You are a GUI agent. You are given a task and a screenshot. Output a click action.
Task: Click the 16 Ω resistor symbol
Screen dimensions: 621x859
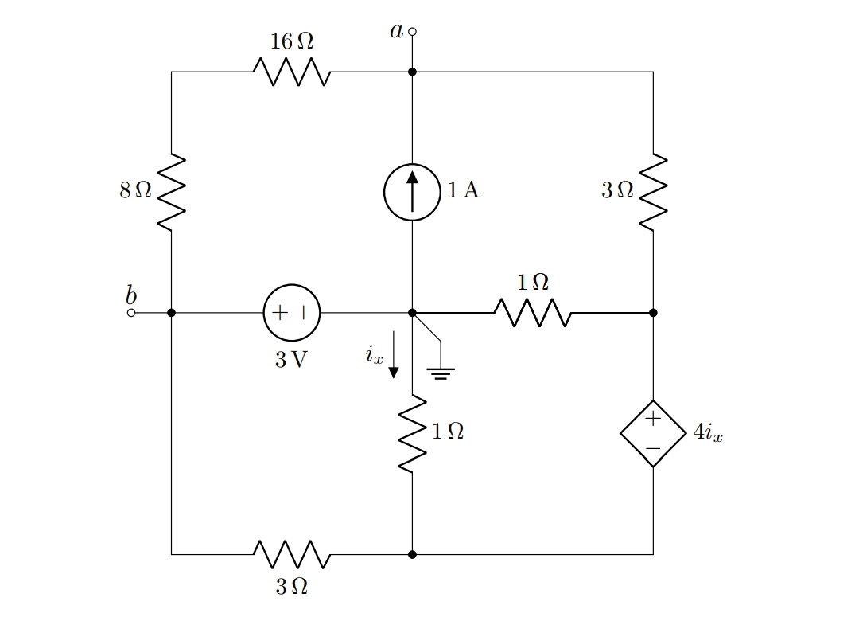coord(292,72)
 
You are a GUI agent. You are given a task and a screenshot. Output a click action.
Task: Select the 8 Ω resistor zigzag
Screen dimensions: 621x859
coord(171,192)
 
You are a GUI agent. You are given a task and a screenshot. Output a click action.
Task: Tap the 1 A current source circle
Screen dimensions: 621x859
coord(412,192)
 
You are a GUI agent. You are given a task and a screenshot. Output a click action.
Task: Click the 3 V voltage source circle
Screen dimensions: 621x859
coord(292,313)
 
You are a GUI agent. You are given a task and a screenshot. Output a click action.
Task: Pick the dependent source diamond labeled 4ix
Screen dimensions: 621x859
coord(653,433)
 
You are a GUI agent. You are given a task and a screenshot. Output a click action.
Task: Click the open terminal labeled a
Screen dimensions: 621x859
coord(412,32)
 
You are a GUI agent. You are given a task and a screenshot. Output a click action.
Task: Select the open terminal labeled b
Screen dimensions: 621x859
coord(131,313)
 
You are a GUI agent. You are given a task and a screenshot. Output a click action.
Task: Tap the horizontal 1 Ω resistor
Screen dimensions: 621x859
coord(532,313)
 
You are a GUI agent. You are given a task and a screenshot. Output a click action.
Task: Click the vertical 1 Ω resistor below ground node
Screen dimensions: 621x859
coord(412,433)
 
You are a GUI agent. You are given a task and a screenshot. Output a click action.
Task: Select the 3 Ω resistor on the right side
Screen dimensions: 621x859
coord(653,192)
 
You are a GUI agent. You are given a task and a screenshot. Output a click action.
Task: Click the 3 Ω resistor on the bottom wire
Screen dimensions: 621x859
coord(292,553)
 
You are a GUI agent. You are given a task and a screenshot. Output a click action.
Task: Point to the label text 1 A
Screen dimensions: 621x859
coord(464,190)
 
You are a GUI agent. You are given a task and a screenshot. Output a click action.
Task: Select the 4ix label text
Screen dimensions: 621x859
coord(708,433)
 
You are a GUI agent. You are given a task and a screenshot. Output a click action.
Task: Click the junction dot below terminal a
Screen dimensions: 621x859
coord(412,72)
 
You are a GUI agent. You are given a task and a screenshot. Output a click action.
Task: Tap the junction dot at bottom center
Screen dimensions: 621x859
coord(412,553)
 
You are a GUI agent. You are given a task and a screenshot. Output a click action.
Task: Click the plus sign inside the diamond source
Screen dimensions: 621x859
coord(653,418)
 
